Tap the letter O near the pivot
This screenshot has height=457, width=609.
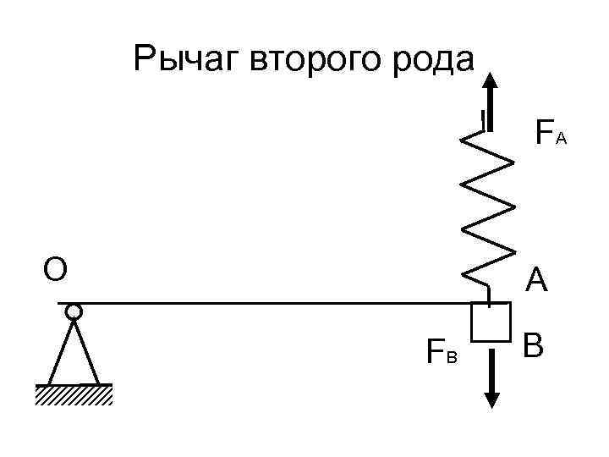[55, 269]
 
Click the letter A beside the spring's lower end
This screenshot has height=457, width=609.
[536, 280]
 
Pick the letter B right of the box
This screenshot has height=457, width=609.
[533, 347]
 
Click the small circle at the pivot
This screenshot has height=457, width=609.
[74, 311]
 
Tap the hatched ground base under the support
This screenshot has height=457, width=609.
[74, 395]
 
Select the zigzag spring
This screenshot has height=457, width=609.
[488, 207]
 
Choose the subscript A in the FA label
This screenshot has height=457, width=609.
[561, 138]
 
